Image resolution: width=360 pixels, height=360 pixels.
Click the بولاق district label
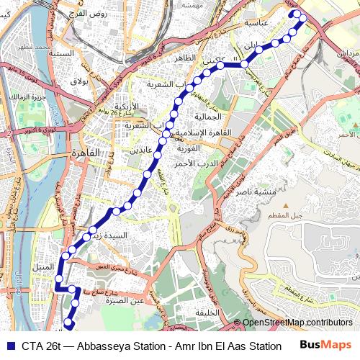coord(78,81)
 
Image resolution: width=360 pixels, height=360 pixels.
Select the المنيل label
coord(44,266)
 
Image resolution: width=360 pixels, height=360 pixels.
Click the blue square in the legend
coord(10,345)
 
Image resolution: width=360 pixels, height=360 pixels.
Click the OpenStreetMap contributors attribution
coord(297,323)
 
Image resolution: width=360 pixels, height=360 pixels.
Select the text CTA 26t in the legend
coord(41,345)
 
